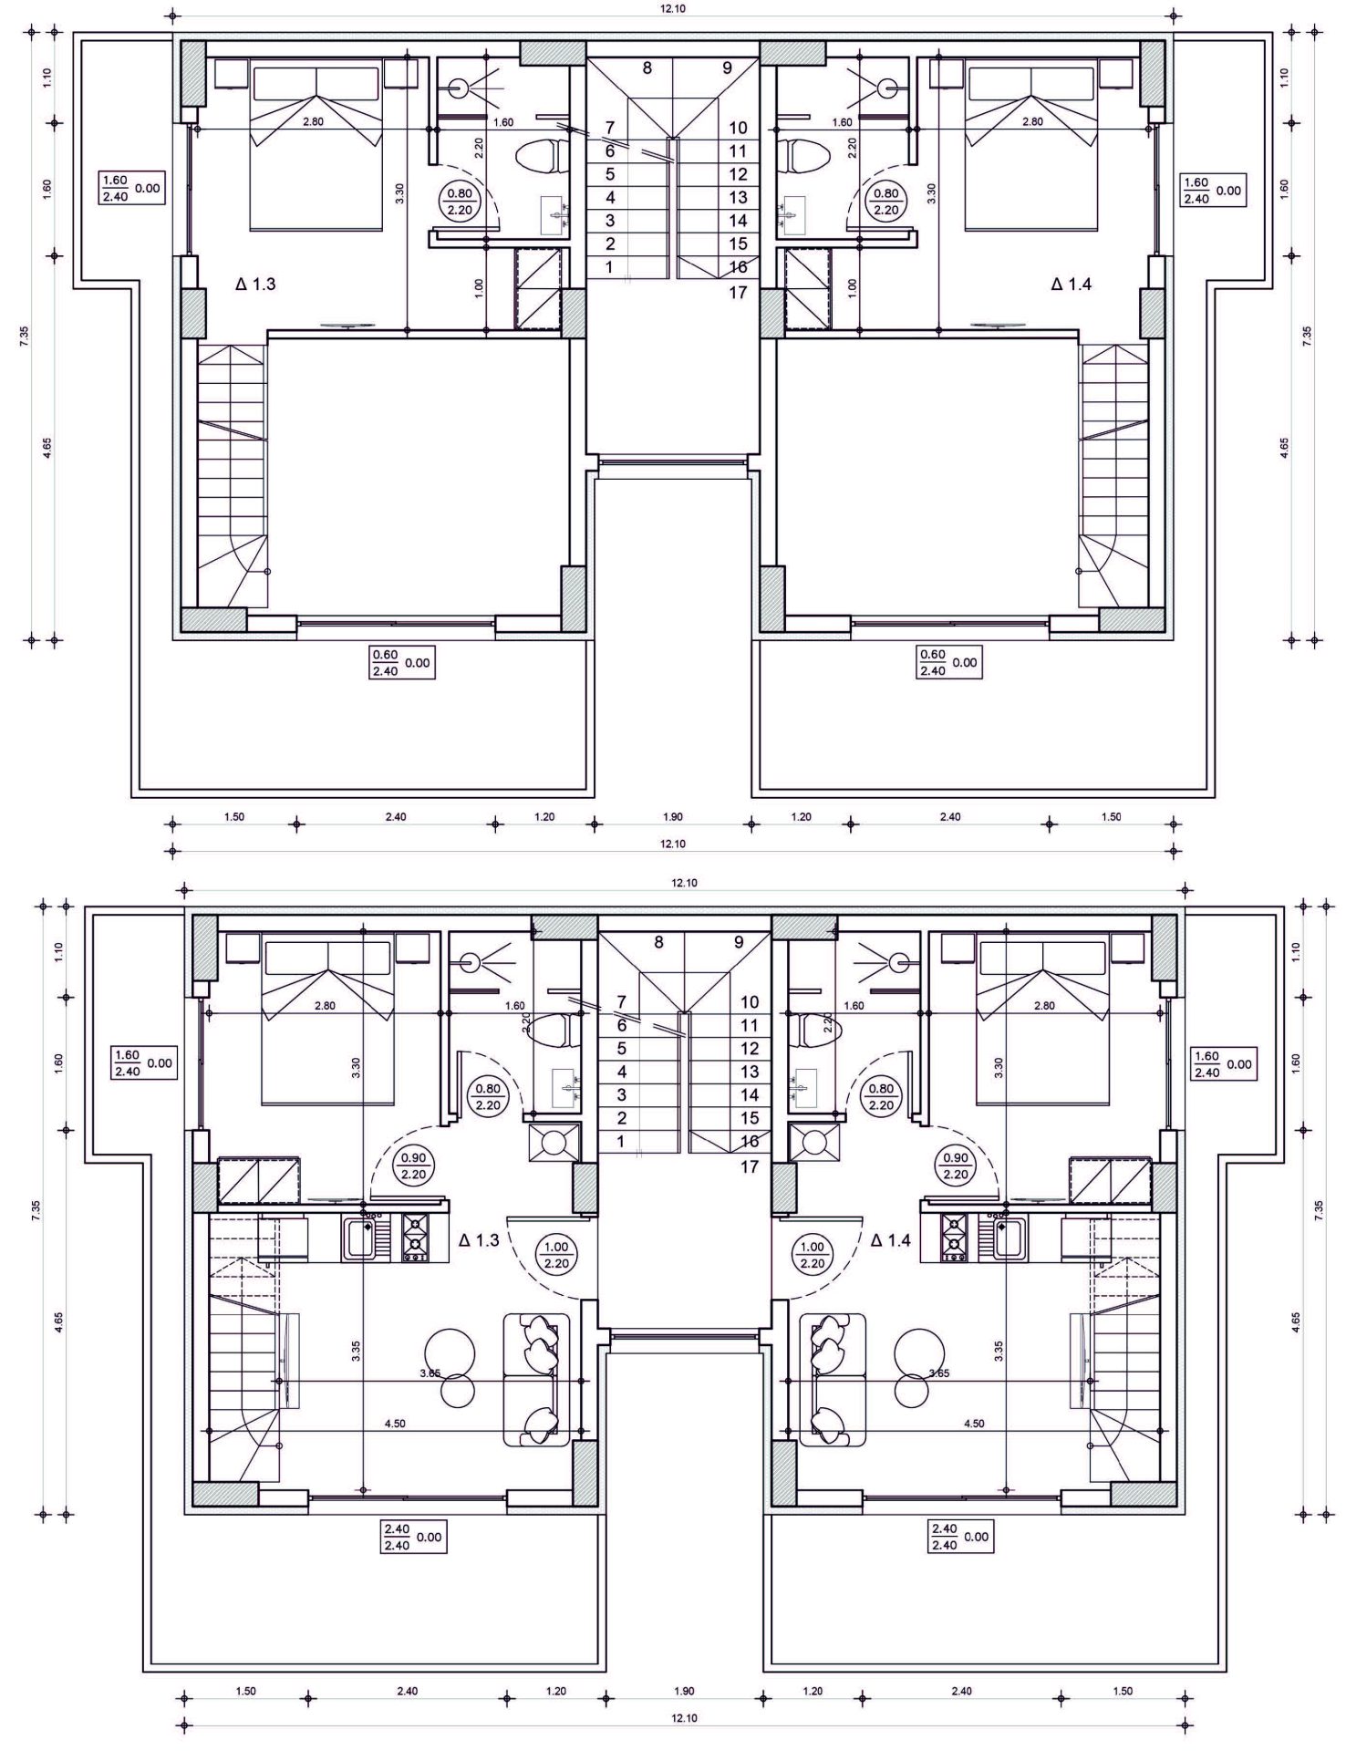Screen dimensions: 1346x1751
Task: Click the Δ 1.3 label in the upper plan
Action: [255, 285]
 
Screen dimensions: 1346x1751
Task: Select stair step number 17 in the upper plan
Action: [738, 292]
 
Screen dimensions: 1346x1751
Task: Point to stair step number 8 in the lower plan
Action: [658, 942]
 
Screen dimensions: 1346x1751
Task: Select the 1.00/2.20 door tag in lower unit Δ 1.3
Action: [556, 1255]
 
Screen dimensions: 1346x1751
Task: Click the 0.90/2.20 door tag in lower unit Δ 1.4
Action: [956, 1166]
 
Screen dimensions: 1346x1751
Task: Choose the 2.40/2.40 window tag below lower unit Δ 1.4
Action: [958, 1537]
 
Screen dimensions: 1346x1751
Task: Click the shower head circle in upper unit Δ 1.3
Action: [459, 88]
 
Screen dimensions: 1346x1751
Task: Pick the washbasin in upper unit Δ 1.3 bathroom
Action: [554, 212]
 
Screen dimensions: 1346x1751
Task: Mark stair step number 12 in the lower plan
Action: [750, 1049]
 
